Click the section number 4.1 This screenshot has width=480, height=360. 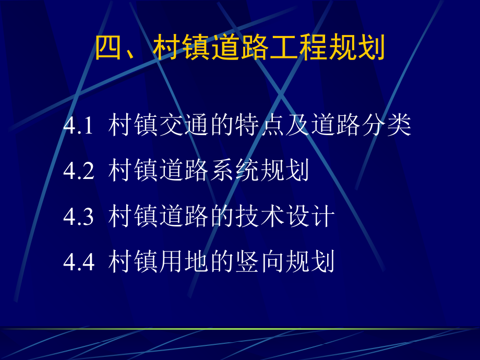[x=78, y=127]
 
